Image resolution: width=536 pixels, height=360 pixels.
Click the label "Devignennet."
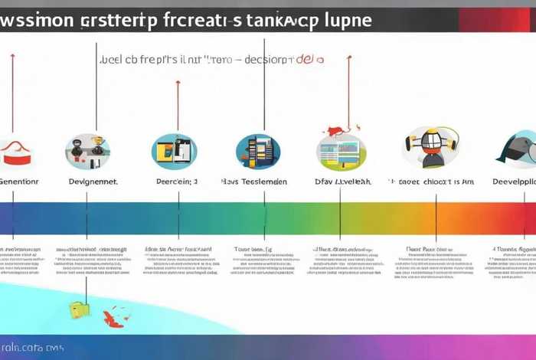pos(93,182)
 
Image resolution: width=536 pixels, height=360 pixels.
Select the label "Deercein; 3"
pos(177,182)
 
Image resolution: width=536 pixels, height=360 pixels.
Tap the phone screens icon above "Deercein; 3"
pos(175,150)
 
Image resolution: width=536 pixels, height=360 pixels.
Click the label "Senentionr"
pos(18,182)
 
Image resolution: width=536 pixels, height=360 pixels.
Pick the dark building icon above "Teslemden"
pos(258,150)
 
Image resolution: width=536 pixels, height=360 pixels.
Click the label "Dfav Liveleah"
pos(343,182)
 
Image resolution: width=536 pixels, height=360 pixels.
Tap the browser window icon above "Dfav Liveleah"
pos(341,152)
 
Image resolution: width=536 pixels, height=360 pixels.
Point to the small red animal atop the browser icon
pos(335,130)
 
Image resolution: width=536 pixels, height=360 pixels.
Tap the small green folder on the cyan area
pos(78,309)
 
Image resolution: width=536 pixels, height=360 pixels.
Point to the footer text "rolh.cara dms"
pos(33,347)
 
